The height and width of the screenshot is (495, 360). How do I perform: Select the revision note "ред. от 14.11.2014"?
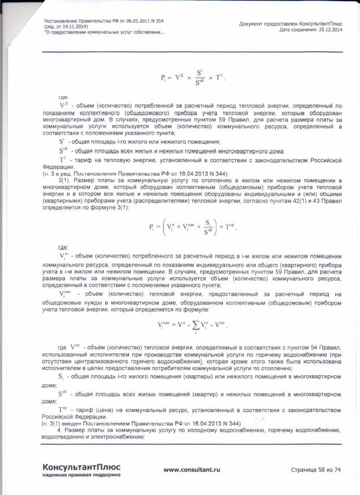(x=66, y=27)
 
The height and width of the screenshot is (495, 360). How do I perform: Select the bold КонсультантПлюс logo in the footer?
(x=81, y=466)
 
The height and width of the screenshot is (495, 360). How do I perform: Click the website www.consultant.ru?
(x=191, y=470)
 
